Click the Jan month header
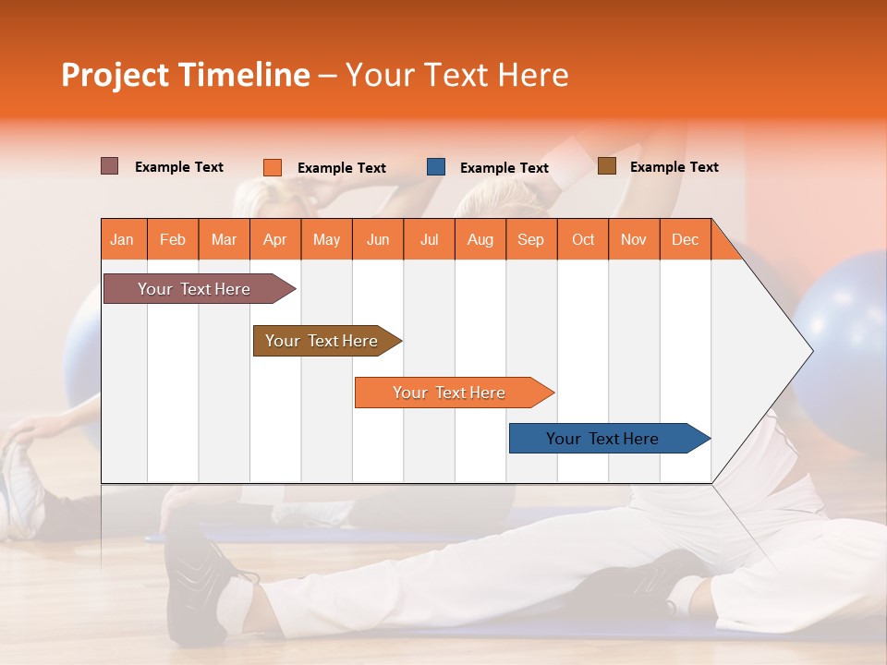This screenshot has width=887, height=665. (x=122, y=240)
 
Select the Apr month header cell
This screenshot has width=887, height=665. (x=274, y=240)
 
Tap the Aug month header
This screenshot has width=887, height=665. (x=480, y=240)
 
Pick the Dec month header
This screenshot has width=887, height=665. (x=685, y=240)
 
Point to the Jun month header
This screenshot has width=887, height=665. (x=377, y=240)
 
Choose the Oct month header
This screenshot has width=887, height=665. (x=582, y=240)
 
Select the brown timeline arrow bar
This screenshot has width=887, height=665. (x=324, y=341)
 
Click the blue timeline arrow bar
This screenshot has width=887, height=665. (x=606, y=439)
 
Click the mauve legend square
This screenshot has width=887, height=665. (x=109, y=166)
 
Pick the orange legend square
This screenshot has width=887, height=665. (x=272, y=167)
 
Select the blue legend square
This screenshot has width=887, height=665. (x=436, y=167)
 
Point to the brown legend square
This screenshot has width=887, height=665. (x=606, y=166)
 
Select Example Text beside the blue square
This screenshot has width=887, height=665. (x=504, y=168)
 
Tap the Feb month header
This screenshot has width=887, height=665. (x=172, y=240)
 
